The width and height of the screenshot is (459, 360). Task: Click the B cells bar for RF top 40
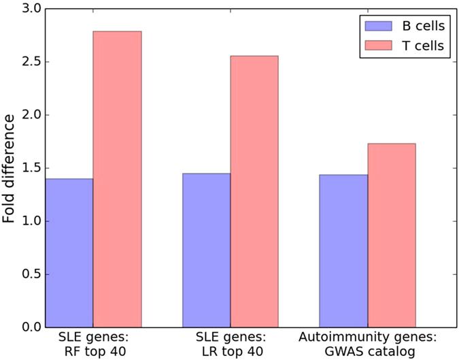(x=69, y=252)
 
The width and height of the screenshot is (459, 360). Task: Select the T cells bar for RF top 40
(x=117, y=179)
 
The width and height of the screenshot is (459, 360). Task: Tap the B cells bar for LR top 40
(x=206, y=250)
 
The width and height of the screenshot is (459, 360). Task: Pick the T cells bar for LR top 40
(x=254, y=191)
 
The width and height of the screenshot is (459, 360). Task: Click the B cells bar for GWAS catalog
(x=343, y=250)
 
